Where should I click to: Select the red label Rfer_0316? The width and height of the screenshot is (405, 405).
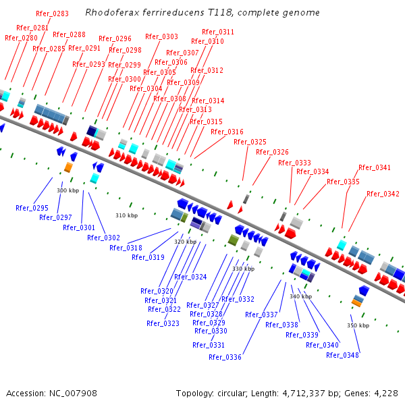point(227,132)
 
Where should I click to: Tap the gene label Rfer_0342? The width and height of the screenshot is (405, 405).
point(383,194)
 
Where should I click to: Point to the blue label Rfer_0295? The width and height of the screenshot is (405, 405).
point(32,208)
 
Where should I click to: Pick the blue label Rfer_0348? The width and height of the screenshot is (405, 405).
point(342,355)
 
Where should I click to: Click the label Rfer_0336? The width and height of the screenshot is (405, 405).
point(225,357)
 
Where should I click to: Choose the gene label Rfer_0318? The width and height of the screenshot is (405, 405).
point(126,248)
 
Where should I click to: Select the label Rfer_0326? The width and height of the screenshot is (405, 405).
point(272,152)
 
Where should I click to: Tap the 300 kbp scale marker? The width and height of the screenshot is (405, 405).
point(67,191)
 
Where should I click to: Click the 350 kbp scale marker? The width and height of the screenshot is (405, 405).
point(358,325)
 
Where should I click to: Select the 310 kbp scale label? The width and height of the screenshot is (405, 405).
point(126,216)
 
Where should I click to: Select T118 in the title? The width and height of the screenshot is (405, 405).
point(205,13)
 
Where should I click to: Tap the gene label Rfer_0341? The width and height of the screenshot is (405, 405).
point(375,167)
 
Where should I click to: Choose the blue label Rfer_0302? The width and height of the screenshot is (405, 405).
point(103,238)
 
